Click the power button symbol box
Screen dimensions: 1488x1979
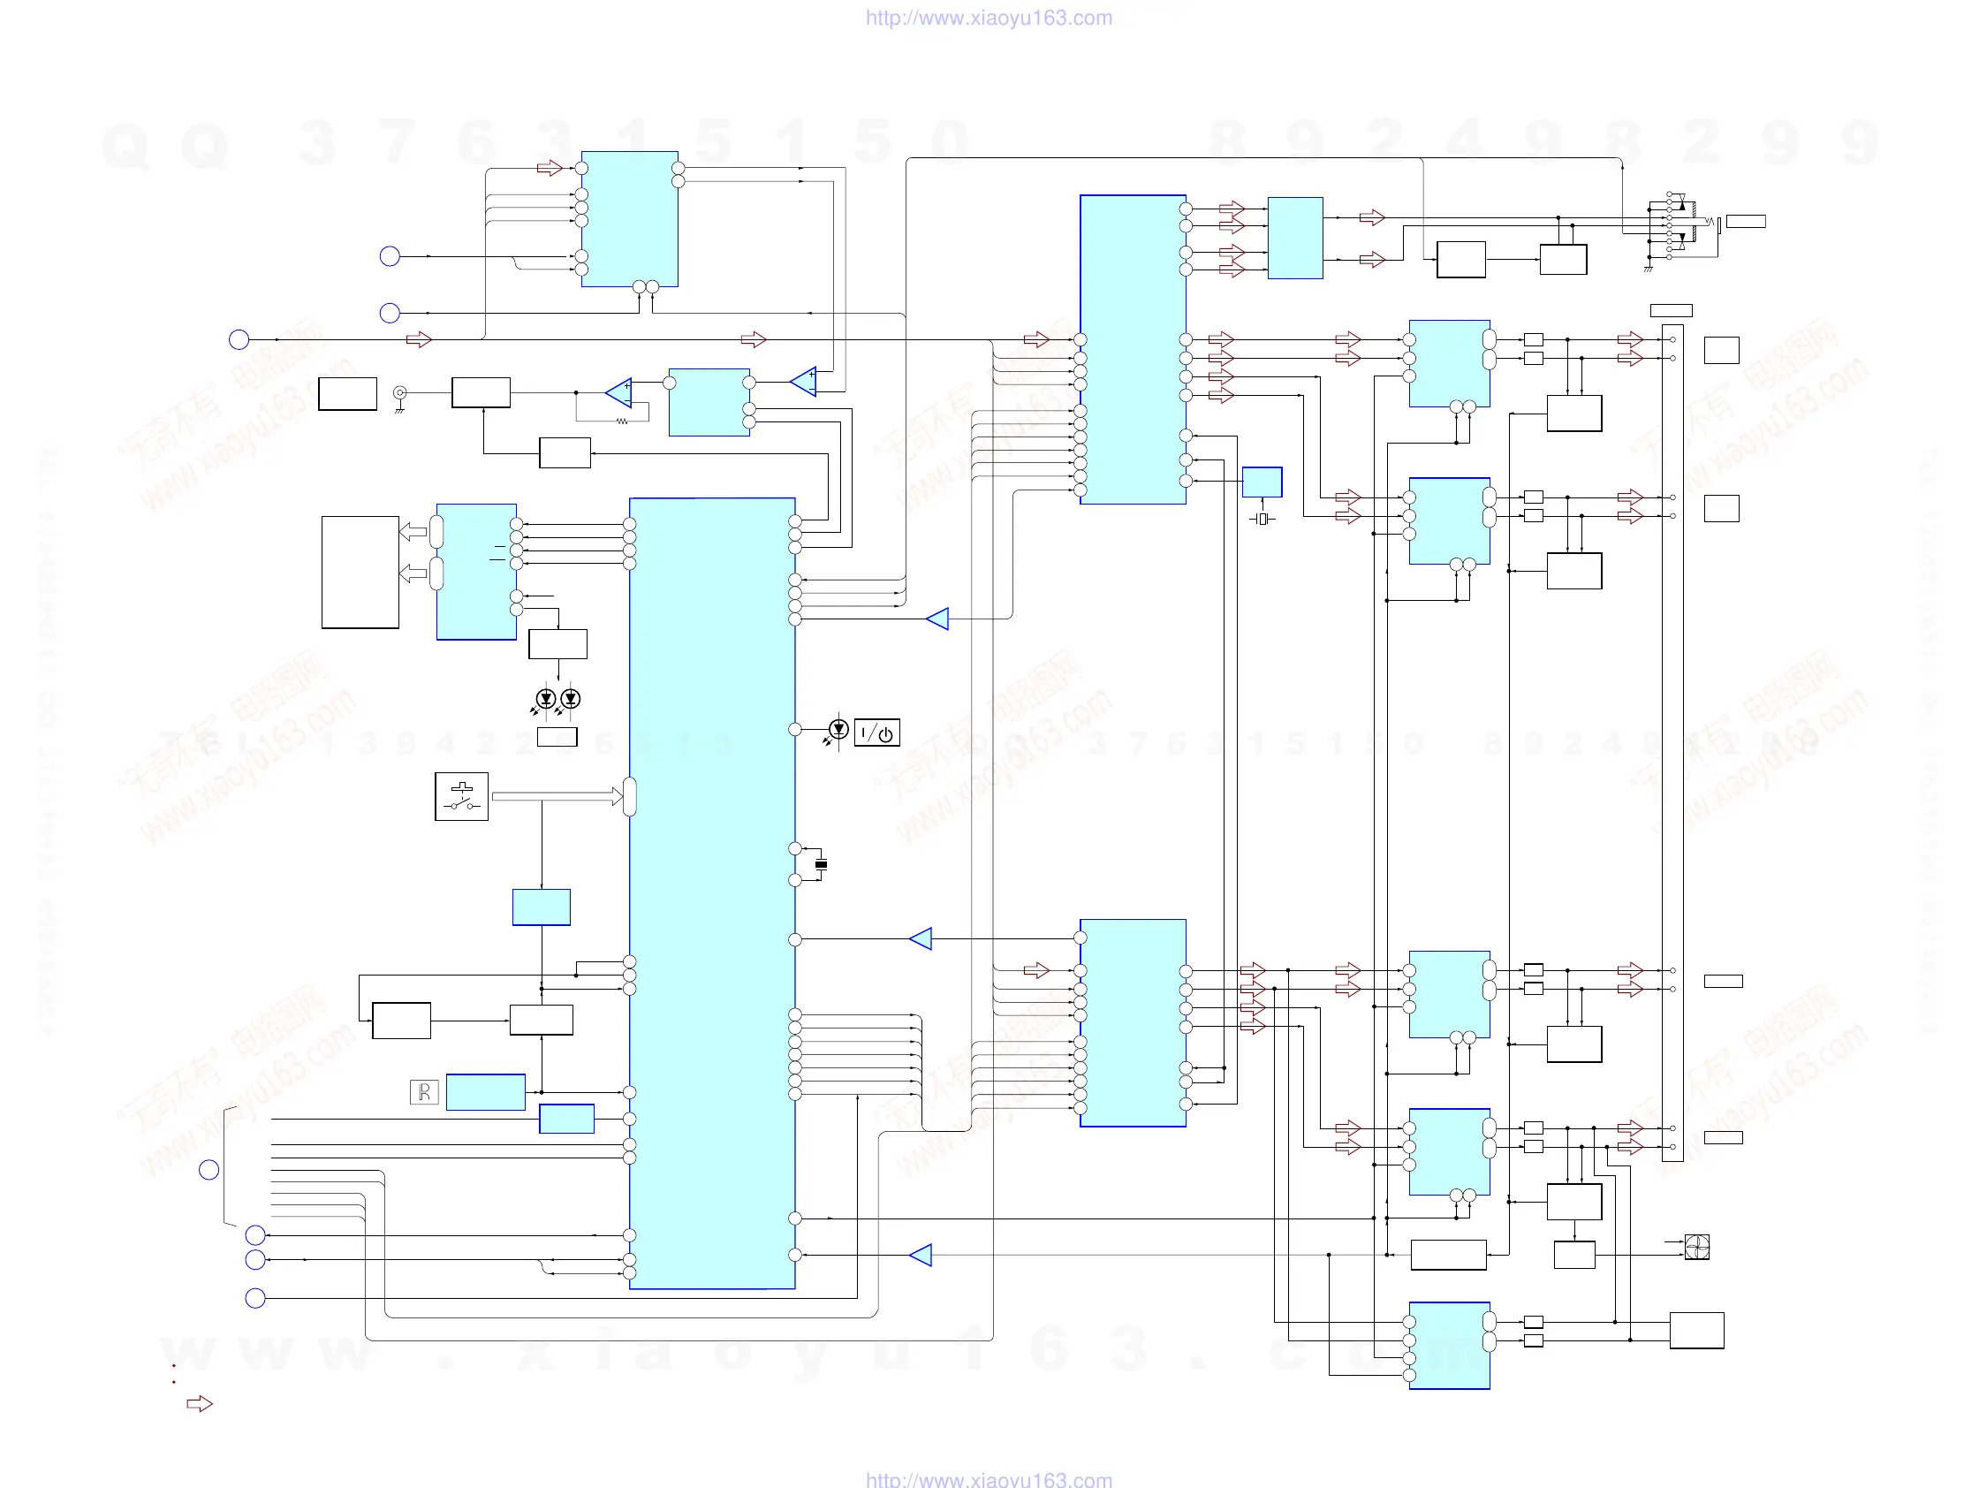(876, 733)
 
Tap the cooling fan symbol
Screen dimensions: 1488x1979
(1696, 1247)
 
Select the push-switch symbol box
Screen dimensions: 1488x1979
(462, 796)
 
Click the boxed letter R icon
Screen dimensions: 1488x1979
(424, 1091)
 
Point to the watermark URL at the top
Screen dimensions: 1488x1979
(989, 18)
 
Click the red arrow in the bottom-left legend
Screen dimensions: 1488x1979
(200, 1404)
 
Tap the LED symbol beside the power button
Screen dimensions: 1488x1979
(838, 729)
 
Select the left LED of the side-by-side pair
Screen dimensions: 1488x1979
(546, 699)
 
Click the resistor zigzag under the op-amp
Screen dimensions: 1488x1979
(622, 421)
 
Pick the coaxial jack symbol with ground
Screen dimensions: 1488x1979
(400, 395)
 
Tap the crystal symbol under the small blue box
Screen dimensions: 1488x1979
(1262, 519)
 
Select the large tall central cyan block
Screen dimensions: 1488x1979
(712, 893)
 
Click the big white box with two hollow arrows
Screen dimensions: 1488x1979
(360, 573)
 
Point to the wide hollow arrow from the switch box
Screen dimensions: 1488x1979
(556, 796)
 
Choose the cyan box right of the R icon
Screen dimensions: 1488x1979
(485, 1091)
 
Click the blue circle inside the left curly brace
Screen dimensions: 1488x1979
(209, 1170)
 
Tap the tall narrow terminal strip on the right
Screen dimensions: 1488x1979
(1672, 742)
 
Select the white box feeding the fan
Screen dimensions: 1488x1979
(1573, 1255)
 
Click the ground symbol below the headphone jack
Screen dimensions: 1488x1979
(1648, 268)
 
